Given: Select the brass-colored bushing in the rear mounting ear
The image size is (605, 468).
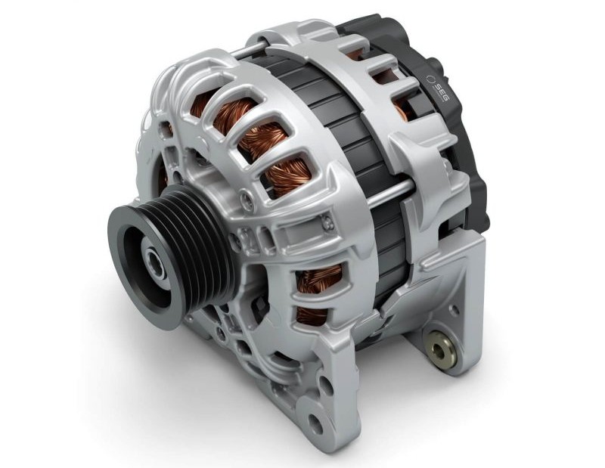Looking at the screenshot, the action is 439,349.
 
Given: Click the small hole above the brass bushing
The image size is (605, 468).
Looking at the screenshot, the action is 455,309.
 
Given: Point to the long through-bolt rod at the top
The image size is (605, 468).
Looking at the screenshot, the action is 248,50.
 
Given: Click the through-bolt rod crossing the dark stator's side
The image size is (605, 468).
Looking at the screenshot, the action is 389,193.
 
